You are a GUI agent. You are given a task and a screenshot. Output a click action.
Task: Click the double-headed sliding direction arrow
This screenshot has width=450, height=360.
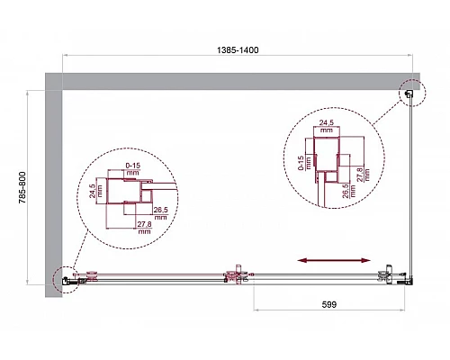click(332, 260)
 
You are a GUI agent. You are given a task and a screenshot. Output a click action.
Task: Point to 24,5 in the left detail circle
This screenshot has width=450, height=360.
click(93, 192)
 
